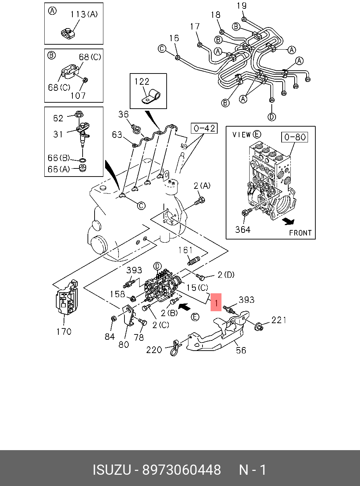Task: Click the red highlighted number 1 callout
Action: (x=216, y=302)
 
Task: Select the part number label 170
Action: (x=64, y=331)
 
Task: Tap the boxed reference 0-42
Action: (x=204, y=128)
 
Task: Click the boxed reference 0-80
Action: (x=295, y=137)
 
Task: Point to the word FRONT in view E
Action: (x=300, y=233)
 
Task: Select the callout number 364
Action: (x=243, y=230)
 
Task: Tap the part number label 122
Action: (x=142, y=82)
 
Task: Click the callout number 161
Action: (x=185, y=250)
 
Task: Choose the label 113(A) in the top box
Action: (x=84, y=14)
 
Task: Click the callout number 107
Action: (x=78, y=95)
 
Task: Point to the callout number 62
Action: (x=58, y=118)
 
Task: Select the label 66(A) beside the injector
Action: (x=59, y=169)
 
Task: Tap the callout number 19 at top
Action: (x=242, y=6)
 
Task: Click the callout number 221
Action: (x=279, y=320)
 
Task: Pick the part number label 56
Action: (x=241, y=350)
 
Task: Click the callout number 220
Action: (x=154, y=350)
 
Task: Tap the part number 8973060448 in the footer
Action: (x=181, y=470)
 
